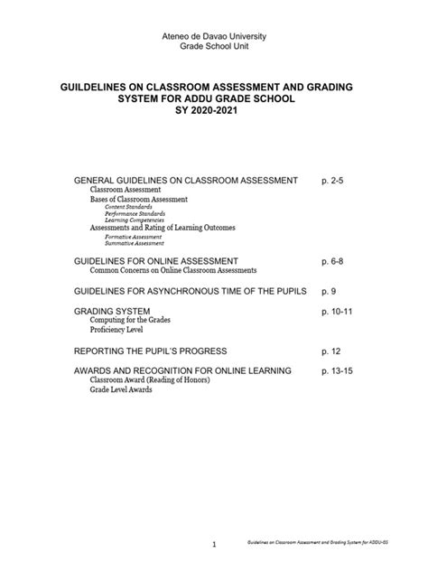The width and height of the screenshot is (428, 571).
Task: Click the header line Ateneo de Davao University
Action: point(214,35)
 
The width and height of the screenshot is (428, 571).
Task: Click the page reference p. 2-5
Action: point(332,181)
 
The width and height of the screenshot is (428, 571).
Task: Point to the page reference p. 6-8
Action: point(332,260)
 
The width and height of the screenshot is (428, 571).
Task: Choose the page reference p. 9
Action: point(328,291)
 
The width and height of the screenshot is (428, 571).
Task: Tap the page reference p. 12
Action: point(330,350)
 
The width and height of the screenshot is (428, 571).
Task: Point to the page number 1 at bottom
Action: point(214,545)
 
